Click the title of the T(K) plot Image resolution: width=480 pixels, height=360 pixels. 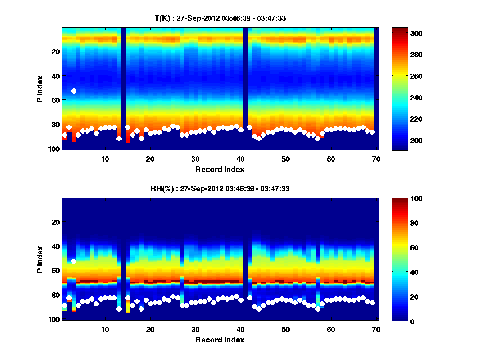[x=220, y=18]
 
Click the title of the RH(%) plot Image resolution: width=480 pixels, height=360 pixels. [x=220, y=189]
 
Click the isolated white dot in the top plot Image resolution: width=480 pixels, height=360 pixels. [x=74, y=91]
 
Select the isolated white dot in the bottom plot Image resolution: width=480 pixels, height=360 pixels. [x=74, y=261]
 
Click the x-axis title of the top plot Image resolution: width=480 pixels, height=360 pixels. [x=220, y=169]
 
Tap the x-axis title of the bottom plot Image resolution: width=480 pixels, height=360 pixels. [x=220, y=340]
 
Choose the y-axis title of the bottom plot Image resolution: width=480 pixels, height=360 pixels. [x=40, y=260]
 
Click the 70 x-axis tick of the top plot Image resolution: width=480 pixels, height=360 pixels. [x=376, y=158]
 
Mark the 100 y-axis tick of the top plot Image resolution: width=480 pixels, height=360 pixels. [x=55, y=149]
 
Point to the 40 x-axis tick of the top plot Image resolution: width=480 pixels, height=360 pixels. [x=240, y=158]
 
